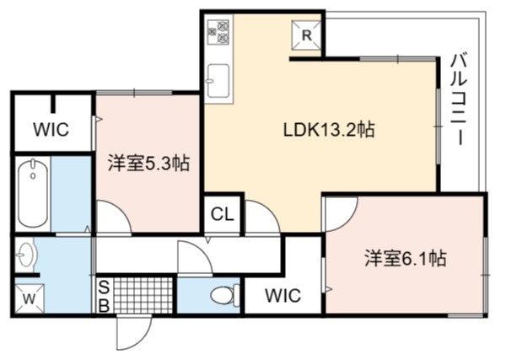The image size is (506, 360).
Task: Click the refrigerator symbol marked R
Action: pos(306,35)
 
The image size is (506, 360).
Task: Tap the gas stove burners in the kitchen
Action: pos(218,31)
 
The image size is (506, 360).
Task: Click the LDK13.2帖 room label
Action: pos(329,130)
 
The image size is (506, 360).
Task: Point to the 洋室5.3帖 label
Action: pos(148,164)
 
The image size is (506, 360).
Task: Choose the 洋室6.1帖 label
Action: pos(406,258)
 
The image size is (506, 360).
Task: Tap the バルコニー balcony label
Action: pos(459,99)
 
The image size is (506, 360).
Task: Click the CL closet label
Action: pos(222,214)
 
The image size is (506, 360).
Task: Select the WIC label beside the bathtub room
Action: pos(51,129)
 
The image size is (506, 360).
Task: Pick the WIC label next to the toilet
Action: pos(283,295)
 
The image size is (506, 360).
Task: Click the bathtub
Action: pos(33,194)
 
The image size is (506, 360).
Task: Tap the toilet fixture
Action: pos(225,294)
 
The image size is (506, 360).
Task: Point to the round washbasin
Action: pos(26,255)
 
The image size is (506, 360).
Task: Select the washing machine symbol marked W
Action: pos(30,298)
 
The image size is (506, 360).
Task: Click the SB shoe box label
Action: pos(104,297)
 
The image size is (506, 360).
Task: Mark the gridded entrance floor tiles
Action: pos(143,295)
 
